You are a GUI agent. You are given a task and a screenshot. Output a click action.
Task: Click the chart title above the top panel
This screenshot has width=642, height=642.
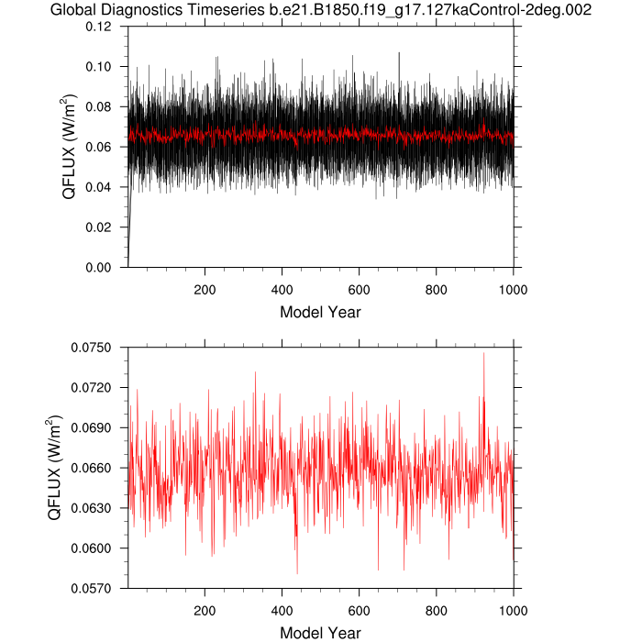[x=321, y=11]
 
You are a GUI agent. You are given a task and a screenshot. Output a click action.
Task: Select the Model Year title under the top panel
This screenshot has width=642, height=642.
[x=320, y=312]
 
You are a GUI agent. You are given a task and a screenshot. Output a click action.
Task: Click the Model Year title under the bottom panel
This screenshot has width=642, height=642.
[x=320, y=633]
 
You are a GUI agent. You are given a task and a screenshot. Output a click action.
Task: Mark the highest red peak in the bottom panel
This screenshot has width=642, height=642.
[x=483, y=353]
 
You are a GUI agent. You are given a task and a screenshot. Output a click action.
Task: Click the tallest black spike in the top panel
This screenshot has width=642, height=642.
[x=399, y=52]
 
